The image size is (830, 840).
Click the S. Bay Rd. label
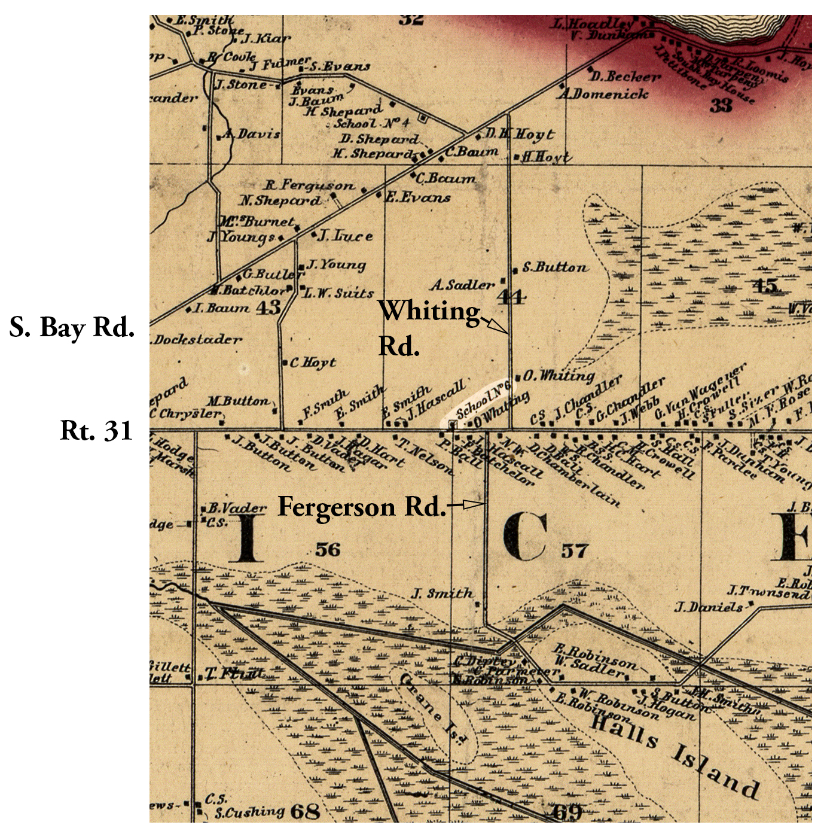point(72,328)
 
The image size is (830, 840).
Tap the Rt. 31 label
point(96,431)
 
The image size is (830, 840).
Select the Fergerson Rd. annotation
point(362,507)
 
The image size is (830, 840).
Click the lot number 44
point(511,297)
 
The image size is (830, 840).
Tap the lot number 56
point(327,549)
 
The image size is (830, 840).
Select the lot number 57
point(574,550)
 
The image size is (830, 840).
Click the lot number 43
point(268,308)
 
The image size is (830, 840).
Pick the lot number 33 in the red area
point(721,106)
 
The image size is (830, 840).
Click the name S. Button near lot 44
point(554,267)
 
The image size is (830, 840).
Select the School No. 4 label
point(371,123)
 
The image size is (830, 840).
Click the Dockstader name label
point(197,340)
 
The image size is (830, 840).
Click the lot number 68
point(304,812)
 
